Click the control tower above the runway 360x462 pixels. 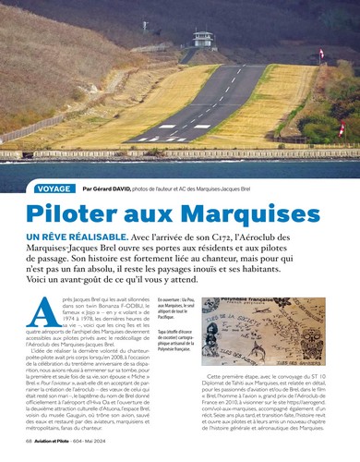200,38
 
